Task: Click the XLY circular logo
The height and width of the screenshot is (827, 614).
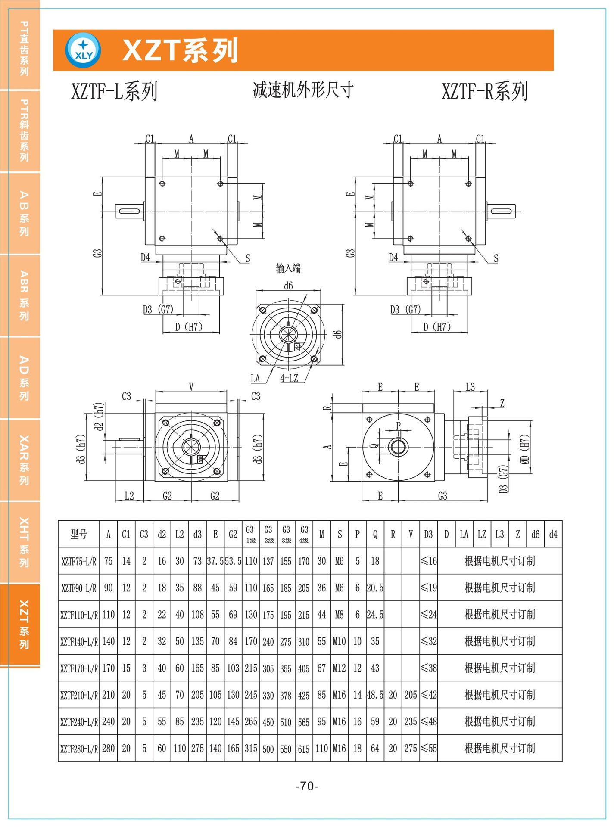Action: pyautogui.click(x=83, y=50)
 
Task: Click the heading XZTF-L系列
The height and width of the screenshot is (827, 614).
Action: pyautogui.click(x=114, y=91)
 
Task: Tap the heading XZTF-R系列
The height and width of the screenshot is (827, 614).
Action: pyautogui.click(x=485, y=91)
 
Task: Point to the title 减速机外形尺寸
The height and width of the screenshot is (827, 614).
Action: pyautogui.click(x=303, y=90)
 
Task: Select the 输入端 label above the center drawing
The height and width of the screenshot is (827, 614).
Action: pyautogui.click(x=288, y=268)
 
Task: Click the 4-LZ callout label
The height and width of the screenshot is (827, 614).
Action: pyautogui.click(x=289, y=378)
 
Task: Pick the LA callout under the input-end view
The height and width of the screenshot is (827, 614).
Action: pyautogui.click(x=256, y=378)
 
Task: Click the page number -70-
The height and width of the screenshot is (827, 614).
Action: pyautogui.click(x=307, y=786)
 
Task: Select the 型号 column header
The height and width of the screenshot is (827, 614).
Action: pyautogui.click(x=79, y=534)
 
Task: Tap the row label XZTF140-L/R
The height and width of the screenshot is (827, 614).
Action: pyautogui.click(x=79, y=641)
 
